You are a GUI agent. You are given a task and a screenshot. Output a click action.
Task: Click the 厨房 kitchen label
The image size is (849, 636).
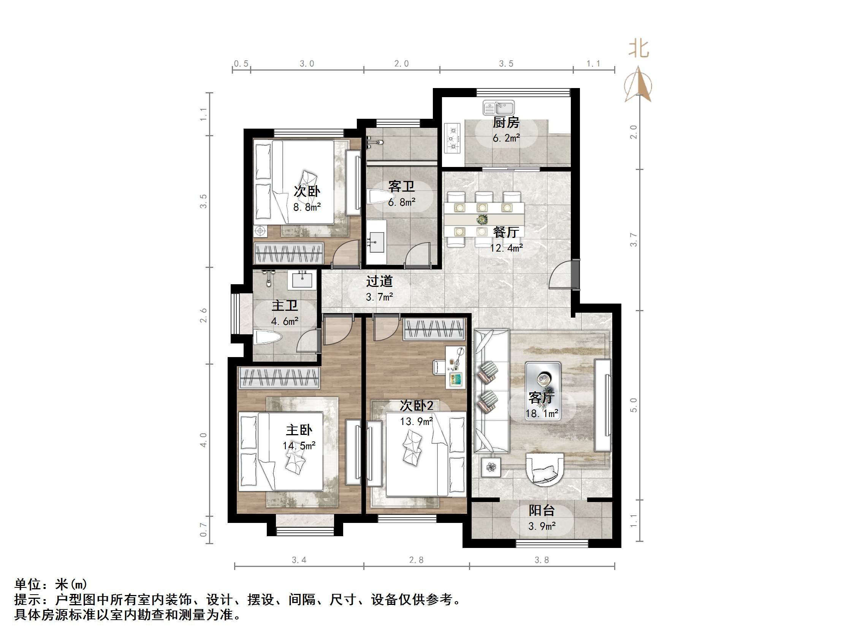click(x=505, y=123)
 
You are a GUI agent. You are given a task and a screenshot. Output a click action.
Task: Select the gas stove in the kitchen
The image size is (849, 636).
click(x=452, y=139)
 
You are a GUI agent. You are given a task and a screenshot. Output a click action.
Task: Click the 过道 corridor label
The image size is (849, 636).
click(x=379, y=282)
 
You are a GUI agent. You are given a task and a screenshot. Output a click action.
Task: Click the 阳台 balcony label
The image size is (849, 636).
click(x=542, y=510)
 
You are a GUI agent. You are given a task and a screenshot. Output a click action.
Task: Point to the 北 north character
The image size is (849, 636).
click(x=638, y=49)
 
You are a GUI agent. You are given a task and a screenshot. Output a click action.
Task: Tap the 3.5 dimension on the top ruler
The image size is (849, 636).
click(x=506, y=64)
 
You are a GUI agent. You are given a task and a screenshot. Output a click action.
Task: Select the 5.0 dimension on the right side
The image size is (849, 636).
click(x=634, y=405)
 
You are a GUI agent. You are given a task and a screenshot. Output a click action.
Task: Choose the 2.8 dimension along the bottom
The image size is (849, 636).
click(x=416, y=560)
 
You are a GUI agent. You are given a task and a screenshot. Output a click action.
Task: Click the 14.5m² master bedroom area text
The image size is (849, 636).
click(x=299, y=446)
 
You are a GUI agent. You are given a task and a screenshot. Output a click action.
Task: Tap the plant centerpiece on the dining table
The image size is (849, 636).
click(x=482, y=220)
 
